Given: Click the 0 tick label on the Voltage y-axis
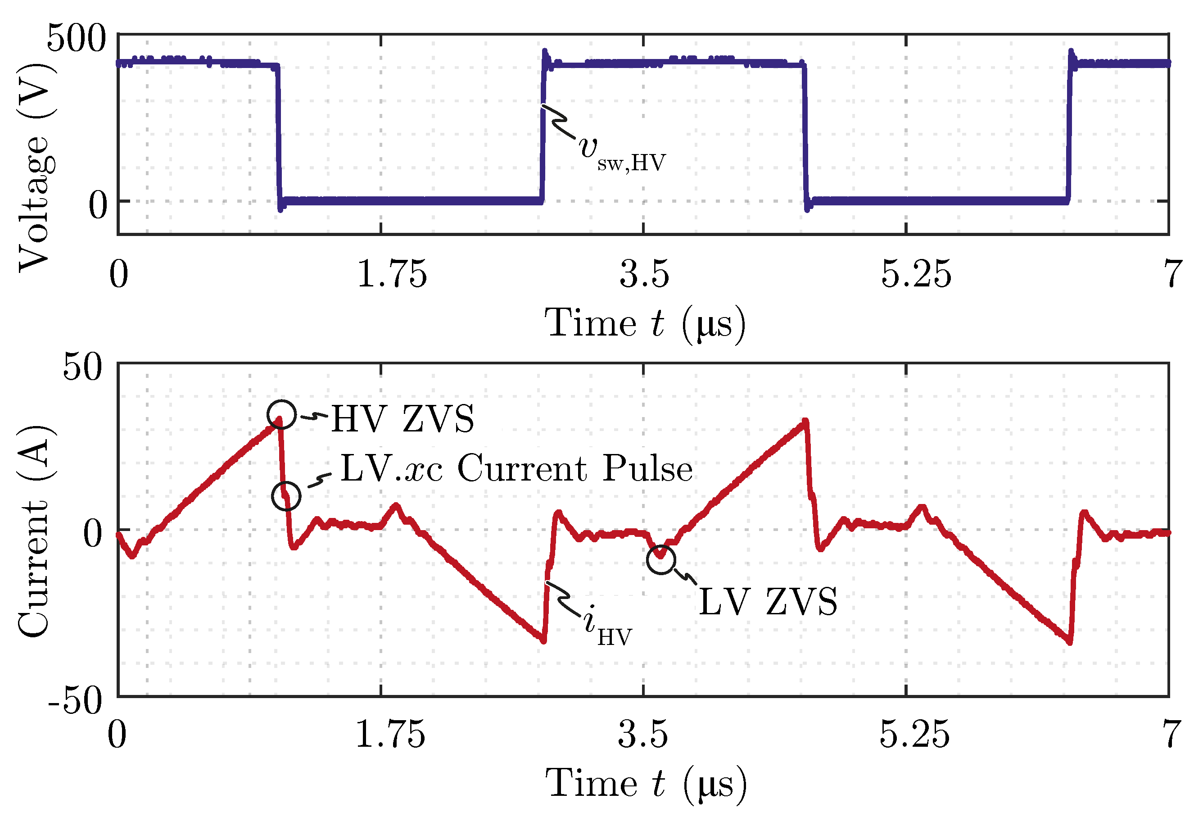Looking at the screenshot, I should point(98,205).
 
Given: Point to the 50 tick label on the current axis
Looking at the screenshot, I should point(83,368).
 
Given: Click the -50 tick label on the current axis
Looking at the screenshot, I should point(75,702).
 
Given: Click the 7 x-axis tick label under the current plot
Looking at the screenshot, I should point(1171,734).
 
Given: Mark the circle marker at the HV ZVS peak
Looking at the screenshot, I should point(281,414).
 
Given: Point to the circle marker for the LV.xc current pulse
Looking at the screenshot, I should point(286,495).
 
